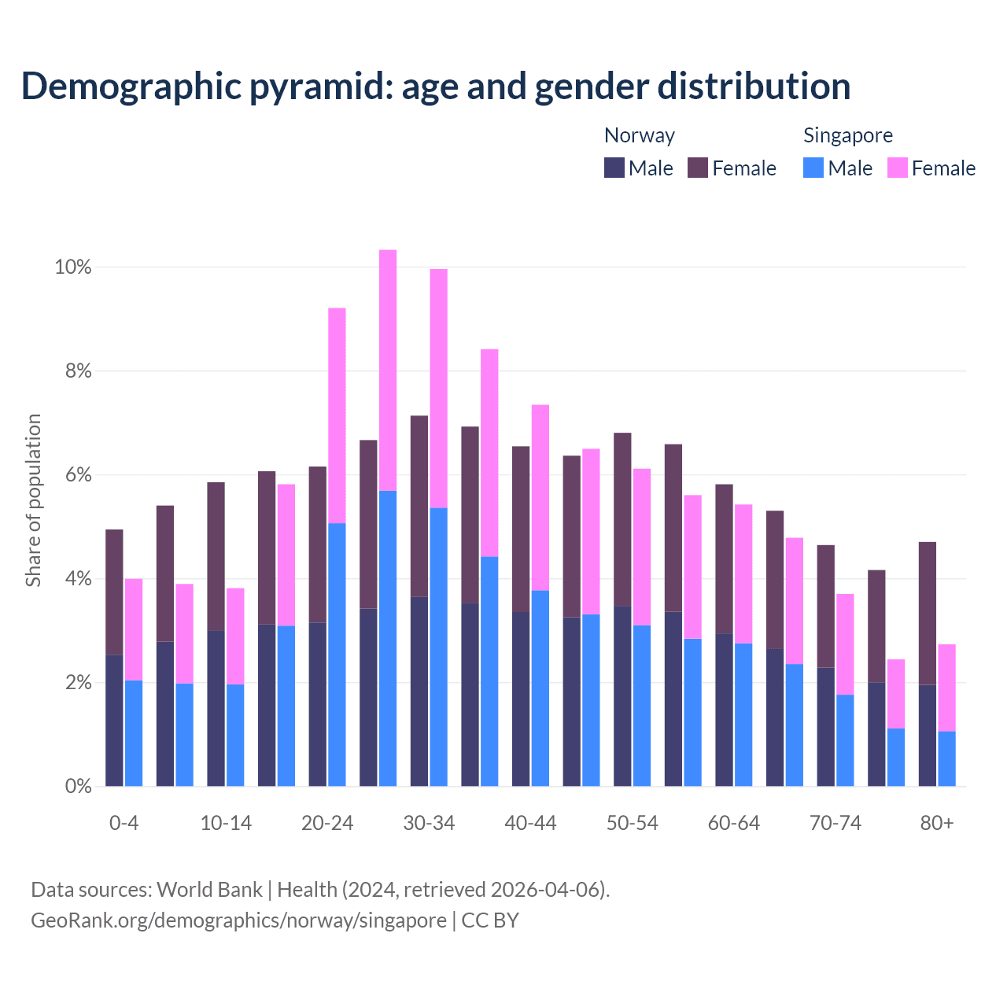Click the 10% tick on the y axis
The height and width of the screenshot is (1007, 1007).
[x=72, y=267]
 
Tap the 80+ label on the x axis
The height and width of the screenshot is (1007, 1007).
[x=937, y=823]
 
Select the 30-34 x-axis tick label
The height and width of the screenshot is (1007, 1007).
[x=429, y=823]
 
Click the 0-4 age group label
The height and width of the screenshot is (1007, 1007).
[x=124, y=823]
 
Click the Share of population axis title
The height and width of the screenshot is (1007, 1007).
[x=33, y=500]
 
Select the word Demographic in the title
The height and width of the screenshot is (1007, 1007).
[x=131, y=87]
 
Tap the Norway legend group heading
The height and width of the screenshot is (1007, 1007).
[x=639, y=135]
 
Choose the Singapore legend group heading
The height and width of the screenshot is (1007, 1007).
[x=847, y=135]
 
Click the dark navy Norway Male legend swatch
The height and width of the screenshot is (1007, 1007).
[x=614, y=168]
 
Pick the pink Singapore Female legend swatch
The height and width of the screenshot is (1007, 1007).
[x=898, y=168]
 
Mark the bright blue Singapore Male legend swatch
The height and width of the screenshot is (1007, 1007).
[x=813, y=168]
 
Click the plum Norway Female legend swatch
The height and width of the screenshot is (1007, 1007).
[x=698, y=168]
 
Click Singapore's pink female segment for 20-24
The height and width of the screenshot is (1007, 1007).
[x=337, y=415]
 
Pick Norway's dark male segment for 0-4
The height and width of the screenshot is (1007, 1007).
[x=115, y=720]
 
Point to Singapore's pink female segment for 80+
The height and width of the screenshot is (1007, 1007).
[x=946, y=688]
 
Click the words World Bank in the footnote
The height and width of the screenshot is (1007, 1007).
[x=209, y=890]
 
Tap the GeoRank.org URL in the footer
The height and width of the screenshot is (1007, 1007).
[x=238, y=920]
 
